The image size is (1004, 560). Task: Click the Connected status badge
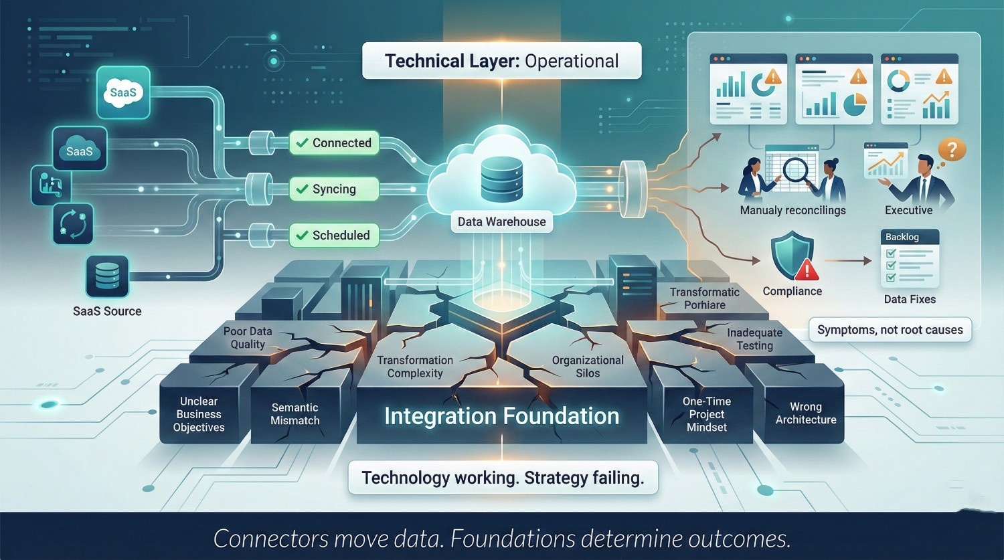334,143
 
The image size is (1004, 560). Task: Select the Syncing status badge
334,189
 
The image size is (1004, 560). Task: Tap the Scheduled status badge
334,236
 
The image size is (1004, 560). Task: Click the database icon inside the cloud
501,178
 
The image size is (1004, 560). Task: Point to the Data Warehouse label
501,221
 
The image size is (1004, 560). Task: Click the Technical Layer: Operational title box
501,61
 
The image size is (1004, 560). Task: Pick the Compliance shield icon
792,255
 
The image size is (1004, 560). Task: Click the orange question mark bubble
951,149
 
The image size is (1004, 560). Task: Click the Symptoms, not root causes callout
890,330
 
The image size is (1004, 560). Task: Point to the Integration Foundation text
501,416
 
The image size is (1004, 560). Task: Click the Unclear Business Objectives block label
199,414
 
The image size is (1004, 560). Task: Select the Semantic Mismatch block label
295,414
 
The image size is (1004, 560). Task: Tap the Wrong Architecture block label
806,413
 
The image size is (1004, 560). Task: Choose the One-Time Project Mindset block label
707,414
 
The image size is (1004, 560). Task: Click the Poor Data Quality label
248,338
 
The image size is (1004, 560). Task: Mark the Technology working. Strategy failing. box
503,478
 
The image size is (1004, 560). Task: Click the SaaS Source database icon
107,276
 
